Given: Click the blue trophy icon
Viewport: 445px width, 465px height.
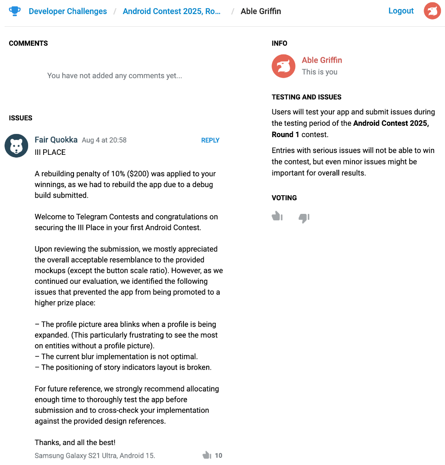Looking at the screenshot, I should coord(15,11).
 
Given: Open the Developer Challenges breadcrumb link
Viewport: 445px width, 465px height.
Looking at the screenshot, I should coord(68,11).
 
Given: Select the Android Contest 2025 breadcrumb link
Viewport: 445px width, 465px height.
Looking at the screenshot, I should coord(172,11).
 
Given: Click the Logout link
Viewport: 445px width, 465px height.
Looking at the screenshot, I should coord(401,11).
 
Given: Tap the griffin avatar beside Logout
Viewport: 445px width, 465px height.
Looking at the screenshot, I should coord(432,11).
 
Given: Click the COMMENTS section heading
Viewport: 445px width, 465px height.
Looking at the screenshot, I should coord(28,44).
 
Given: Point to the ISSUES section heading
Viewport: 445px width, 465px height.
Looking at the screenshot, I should coord(20,118).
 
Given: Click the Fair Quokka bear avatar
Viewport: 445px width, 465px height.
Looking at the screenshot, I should coord(16,146).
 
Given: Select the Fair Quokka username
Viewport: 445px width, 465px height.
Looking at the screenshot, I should coord(56,140).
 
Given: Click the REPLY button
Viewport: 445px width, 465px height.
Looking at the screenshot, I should coord(210,140).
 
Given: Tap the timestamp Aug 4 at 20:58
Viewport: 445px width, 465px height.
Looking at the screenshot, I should coord(104,140).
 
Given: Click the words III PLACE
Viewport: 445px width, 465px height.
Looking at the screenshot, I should coord(50,152).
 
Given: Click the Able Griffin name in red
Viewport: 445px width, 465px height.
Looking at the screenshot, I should coord(321,60).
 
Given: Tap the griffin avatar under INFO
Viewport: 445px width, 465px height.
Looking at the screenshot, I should coord(283,66).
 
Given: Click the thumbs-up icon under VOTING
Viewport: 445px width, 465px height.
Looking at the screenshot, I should coord(277,217).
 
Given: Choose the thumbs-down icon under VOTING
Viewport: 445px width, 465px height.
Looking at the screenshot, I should coord(304,218).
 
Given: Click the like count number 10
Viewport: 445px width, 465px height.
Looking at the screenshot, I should coord(218,455).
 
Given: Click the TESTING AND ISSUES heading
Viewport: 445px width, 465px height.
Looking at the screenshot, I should coord(307,97).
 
